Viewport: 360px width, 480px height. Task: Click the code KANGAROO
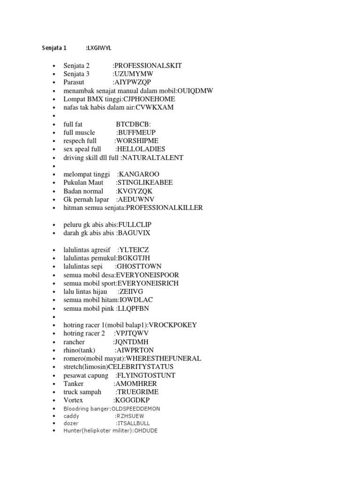136,175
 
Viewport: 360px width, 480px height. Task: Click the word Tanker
74,384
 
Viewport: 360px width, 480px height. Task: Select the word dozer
71,423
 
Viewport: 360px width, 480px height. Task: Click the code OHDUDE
146,431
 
